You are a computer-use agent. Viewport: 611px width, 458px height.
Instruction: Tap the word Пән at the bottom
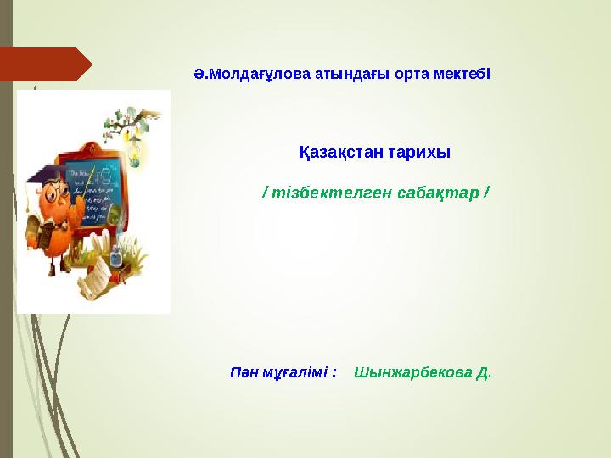pyautogui.click(x=244, y=372)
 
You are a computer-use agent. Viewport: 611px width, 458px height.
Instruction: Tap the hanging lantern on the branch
pyautogui.click(x=132, y=144)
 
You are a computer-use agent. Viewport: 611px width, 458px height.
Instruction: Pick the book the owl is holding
pyautogui.click(x=37, y=229)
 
